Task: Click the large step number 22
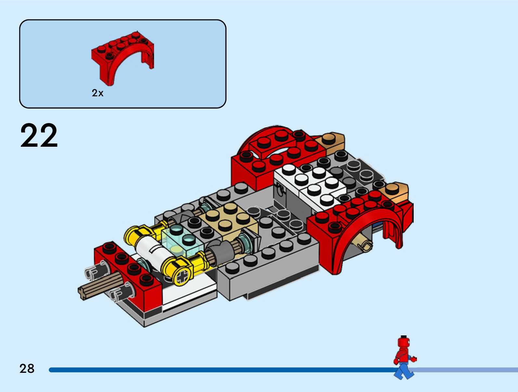pyautogui.click(x=39, y=136)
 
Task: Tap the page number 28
pyautogui.click(x=27, y=369)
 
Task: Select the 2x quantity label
pyautogui.click(x=97, y=93)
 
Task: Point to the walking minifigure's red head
pyautogui.click(x=403, y=342)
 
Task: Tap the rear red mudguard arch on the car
pyautogui.click(x=276, y=153)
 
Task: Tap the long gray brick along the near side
pyautogui.click(x=270, y=267)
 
